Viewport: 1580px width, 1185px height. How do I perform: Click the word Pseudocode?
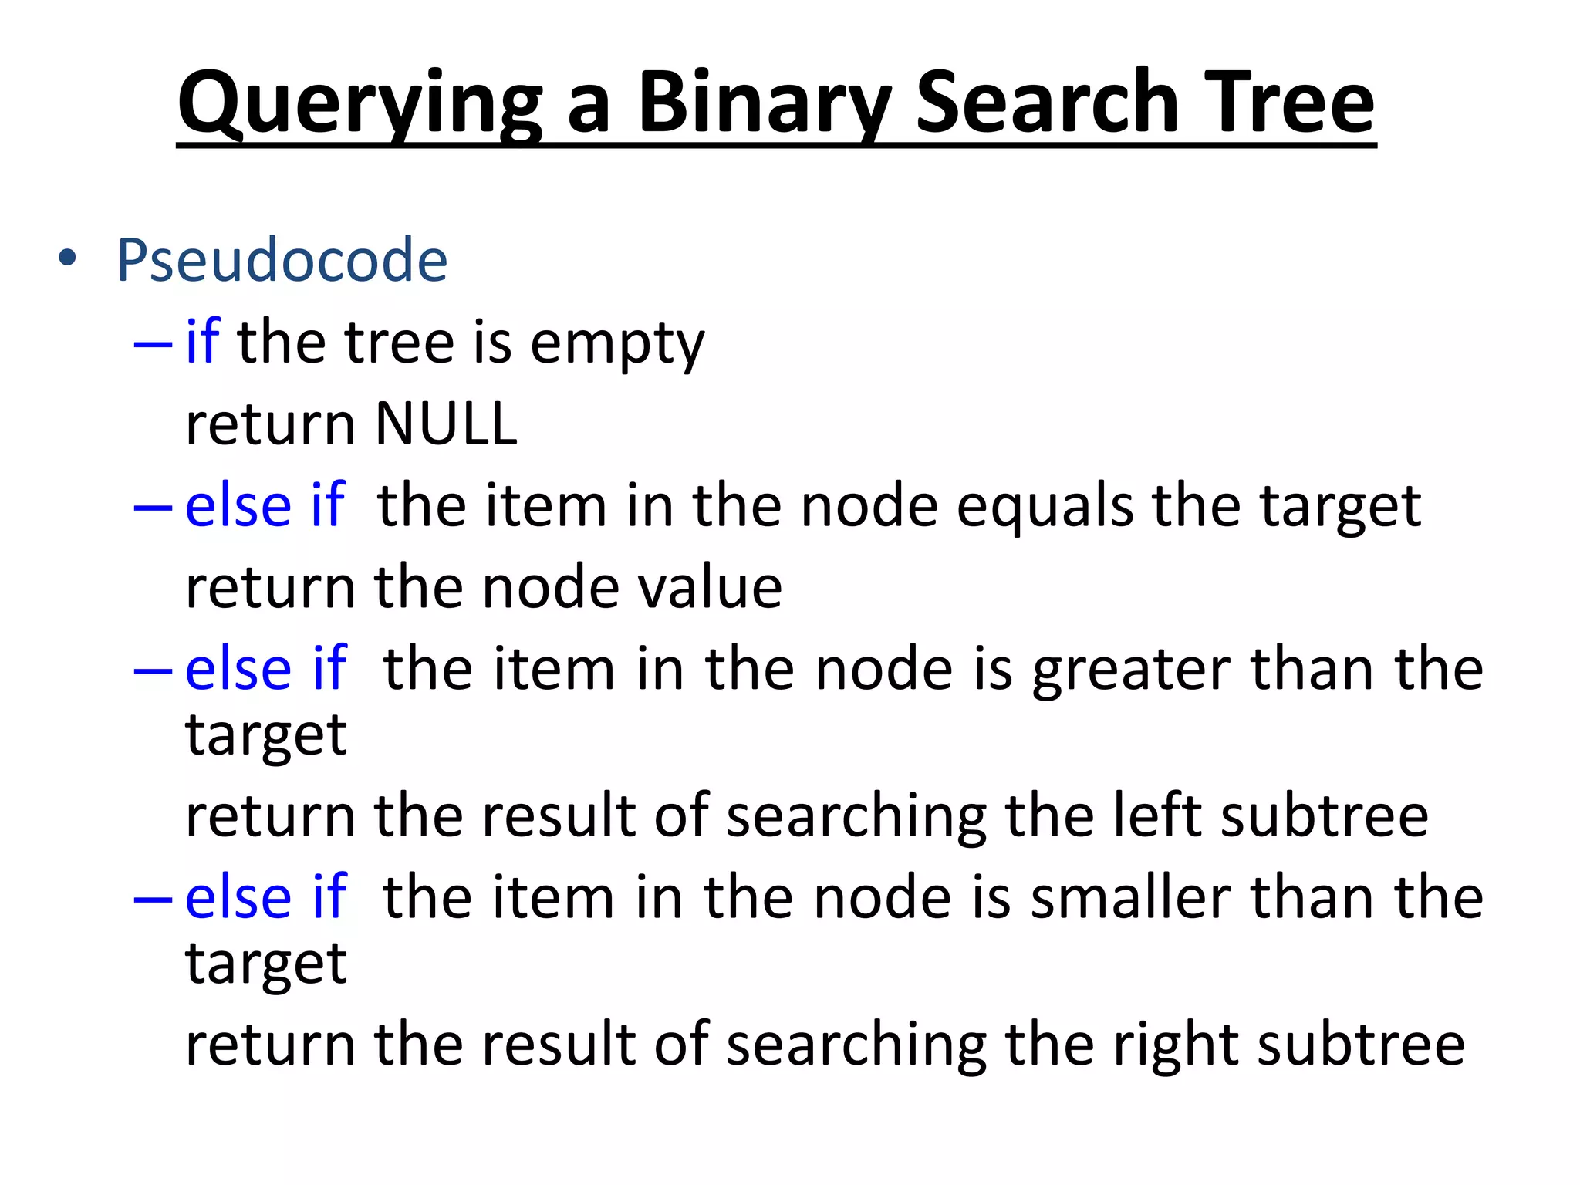[282, 260]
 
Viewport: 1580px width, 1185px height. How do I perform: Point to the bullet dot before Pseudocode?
[68, 259]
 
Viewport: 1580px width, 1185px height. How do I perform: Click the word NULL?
[445, 424]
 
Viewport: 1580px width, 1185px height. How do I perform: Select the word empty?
[617, 344]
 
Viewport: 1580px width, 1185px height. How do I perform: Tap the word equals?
[1045, 506]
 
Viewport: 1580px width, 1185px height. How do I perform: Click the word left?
[1157, 815]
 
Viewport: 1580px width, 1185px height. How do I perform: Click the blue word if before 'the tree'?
[203, 341]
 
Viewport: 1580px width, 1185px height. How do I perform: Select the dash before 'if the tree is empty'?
[152, 343]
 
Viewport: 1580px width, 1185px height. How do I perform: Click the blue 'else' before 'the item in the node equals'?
[238, 506]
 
